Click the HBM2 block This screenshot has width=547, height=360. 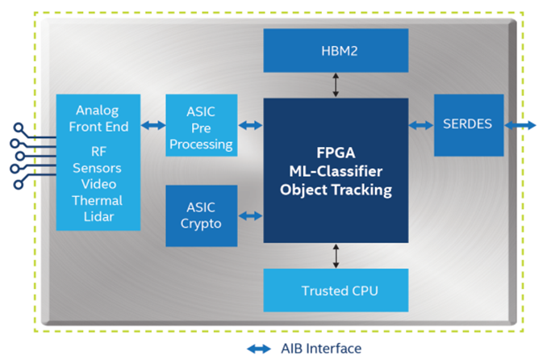336,49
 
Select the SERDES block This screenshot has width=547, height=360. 468,125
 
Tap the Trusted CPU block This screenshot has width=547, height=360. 336,290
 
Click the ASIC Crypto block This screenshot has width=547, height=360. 201,216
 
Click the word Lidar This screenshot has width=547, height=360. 98,216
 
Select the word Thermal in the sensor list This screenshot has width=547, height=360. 98,200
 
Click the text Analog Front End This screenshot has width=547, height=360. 98,117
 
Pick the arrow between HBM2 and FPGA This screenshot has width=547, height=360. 336,84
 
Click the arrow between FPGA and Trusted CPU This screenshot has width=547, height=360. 336,255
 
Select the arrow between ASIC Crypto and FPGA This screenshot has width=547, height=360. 250,216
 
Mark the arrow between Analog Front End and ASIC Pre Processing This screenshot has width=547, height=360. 152,125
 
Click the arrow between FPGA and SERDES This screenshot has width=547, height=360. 420,125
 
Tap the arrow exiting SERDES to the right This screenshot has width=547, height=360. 520,125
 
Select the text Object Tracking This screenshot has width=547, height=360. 336,190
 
